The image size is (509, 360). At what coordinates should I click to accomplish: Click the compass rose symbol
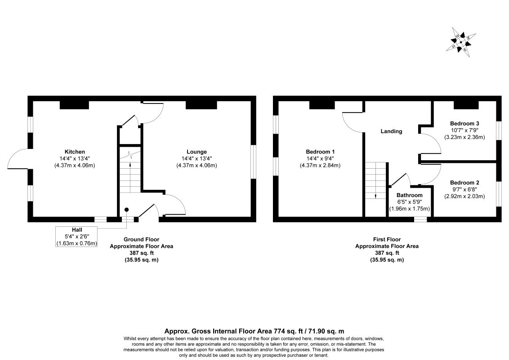[461, 42]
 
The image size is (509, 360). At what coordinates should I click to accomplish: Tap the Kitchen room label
[75, 152]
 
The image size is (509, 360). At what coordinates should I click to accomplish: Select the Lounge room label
[196, 152]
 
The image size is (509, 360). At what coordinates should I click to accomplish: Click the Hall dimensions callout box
[76, 237]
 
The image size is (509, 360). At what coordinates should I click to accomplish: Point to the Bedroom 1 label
[320, 152]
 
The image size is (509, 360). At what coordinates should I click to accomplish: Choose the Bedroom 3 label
[464, 123]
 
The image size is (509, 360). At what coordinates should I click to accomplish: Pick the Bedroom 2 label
[464, 183]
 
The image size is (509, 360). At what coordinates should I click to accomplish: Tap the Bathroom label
[410, 195]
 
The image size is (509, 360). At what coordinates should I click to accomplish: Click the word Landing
[392, 131]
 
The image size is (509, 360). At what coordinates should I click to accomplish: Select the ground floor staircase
[130, 170]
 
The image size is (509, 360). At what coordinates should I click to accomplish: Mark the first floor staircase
[376, 180]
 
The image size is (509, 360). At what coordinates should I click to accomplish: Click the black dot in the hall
[127, 210]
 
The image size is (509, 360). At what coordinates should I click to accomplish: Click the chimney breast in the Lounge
[201, 105]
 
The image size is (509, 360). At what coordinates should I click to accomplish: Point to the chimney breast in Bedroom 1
[322, 105]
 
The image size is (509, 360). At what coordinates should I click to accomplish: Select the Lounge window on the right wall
[253, 162]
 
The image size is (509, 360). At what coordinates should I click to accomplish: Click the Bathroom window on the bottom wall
[420, 219]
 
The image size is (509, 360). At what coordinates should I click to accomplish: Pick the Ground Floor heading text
[142, 239]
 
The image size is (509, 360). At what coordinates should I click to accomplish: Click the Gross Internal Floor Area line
[254, 331]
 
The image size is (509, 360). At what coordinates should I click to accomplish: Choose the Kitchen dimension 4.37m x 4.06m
[75, 166]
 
